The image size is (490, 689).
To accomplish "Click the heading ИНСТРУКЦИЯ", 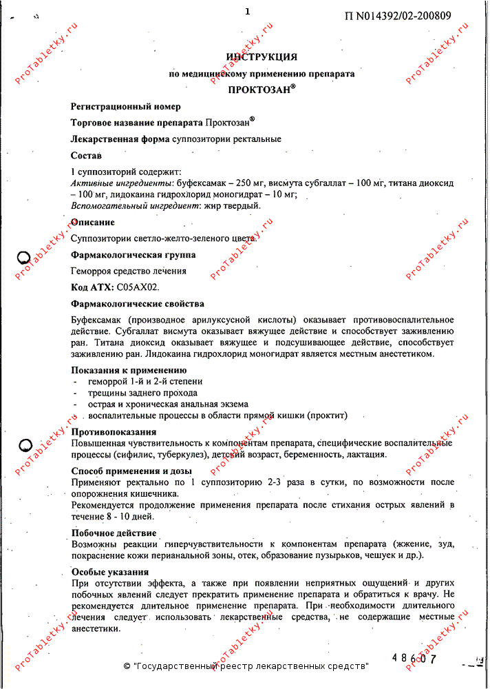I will pos(262,56).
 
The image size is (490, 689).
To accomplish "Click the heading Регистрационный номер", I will pos(126,107).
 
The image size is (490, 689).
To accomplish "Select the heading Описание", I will pos(93,223).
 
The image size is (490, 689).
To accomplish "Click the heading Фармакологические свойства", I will pos(138,304).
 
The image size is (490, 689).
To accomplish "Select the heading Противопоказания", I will pos(114,432).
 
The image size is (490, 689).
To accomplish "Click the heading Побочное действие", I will pos(114,533).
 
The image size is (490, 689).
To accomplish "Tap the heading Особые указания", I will pos(110,572).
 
